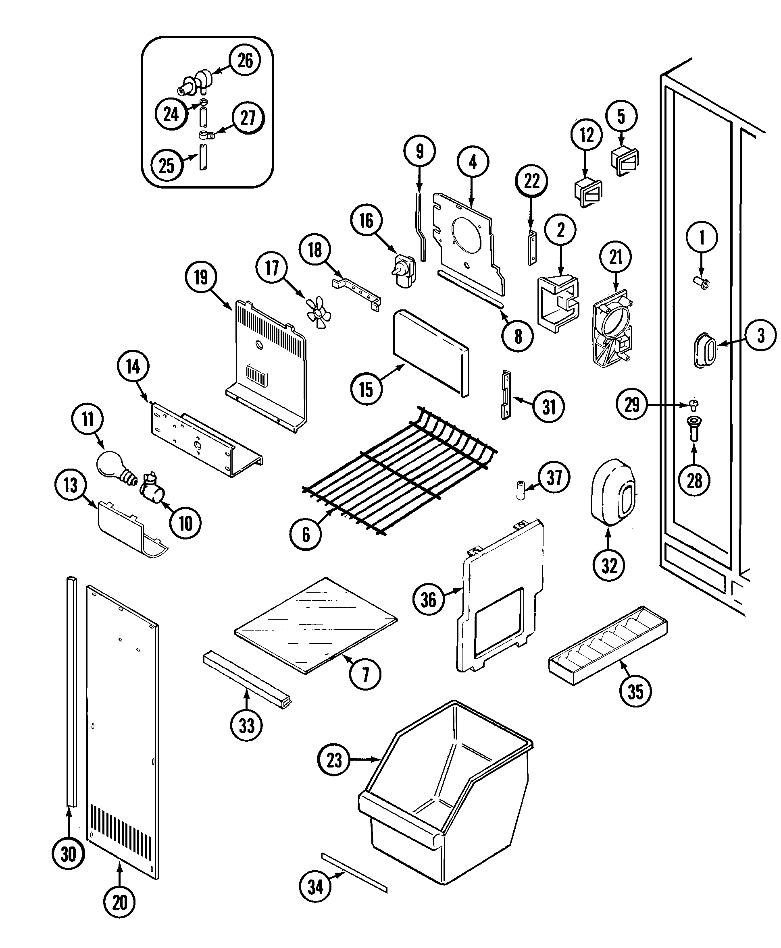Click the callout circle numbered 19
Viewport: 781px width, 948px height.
coord(201,277)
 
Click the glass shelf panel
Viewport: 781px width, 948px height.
coord(316,626)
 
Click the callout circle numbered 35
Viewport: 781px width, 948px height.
coord(635,692)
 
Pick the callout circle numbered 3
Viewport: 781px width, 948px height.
coord(760,335)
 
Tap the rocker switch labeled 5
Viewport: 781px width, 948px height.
coord(625,160)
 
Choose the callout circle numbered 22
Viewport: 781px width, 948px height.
coord(531,181)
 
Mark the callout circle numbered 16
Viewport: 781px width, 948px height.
coord(366,221)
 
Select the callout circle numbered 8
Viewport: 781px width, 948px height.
coord(518,336)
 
